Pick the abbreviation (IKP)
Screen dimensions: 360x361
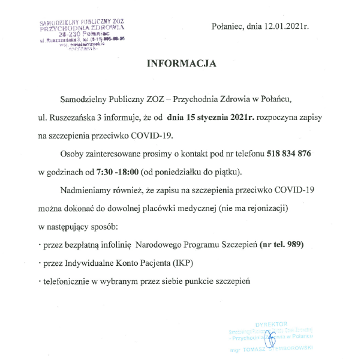coord(180,263)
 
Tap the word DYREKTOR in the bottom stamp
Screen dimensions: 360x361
coord(271,323)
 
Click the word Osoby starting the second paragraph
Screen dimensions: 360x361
coord(73,154)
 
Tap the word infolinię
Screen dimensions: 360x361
coord(112,245)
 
